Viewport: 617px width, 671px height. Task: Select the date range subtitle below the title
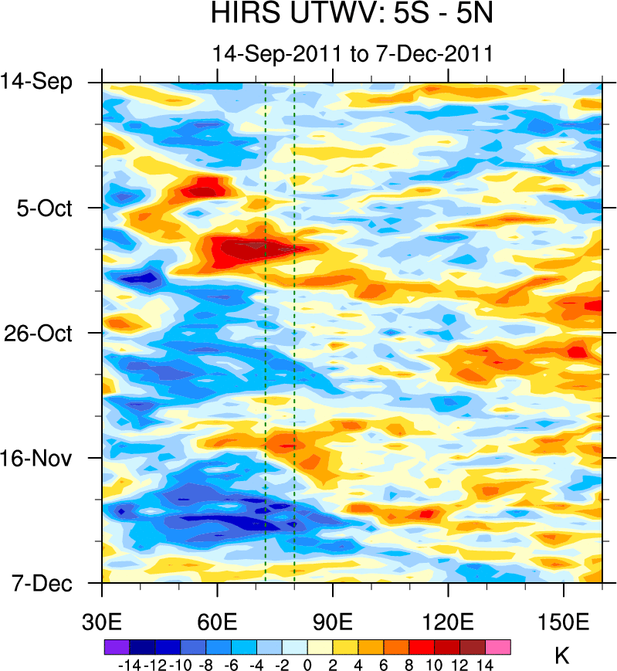click(x=352, y=54)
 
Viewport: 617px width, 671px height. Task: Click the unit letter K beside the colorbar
click(x=562, y=656)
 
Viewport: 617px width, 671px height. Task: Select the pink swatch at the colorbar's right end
click(x=498, y=646)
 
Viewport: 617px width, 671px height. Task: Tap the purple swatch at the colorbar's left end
click(x=116, y=646)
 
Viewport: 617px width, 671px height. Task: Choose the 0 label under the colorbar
click(x=307, y=664)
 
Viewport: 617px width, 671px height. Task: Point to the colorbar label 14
click(x=485, y=664)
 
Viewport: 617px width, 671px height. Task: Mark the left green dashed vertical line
click(x=265, y=332)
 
